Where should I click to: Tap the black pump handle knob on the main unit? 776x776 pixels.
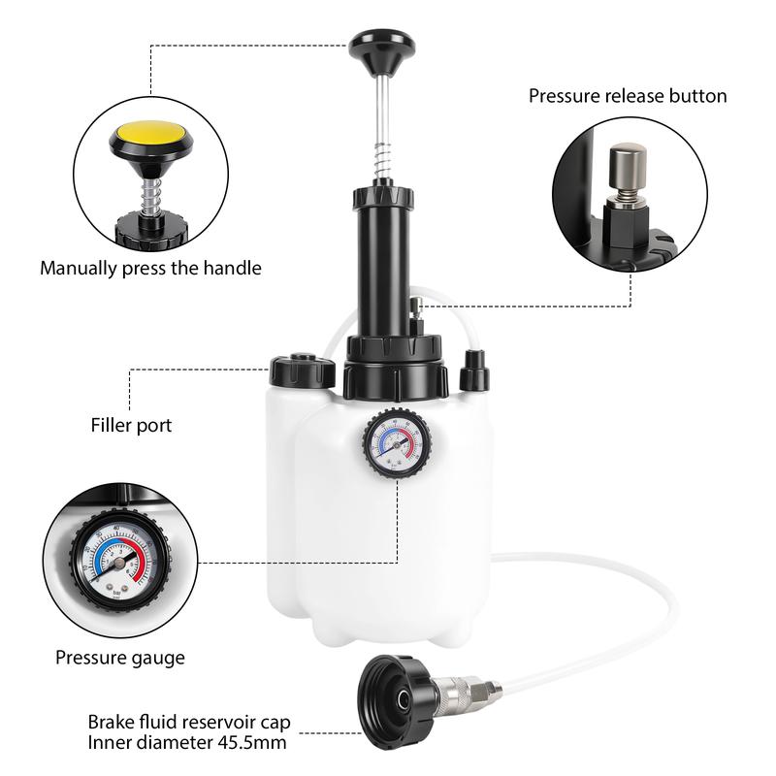(381, 50)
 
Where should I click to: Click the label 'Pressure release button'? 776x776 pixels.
(628, 96)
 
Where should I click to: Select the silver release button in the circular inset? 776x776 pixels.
(628, 173)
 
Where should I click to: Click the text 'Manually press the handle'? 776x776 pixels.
(150, 269)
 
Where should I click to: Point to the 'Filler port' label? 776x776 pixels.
(131, 425)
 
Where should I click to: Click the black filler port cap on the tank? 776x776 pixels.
(302, 370)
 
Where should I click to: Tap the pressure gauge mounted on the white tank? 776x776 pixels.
(397, 442)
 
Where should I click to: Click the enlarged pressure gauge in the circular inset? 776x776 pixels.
(120, 561)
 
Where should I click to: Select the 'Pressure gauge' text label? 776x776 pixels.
(120, 658)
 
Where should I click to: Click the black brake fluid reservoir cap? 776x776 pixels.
(398, 698)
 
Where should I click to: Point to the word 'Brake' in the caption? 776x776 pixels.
(111, 722)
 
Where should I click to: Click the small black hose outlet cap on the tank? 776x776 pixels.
(474, 371)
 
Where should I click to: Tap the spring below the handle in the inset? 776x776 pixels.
(152, 197)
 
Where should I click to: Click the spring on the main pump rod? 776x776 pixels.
(381, 159)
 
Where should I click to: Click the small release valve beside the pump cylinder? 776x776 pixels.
(416, 316)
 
